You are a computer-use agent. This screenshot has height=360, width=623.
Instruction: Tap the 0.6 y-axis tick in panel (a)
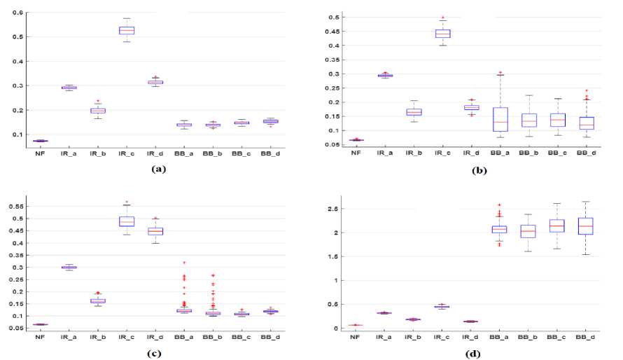tap(17, 13)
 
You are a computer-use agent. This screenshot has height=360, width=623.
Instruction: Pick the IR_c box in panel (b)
tap(442, 33)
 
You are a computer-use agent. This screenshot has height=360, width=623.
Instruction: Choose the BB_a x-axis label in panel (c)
tap(184, 335)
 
